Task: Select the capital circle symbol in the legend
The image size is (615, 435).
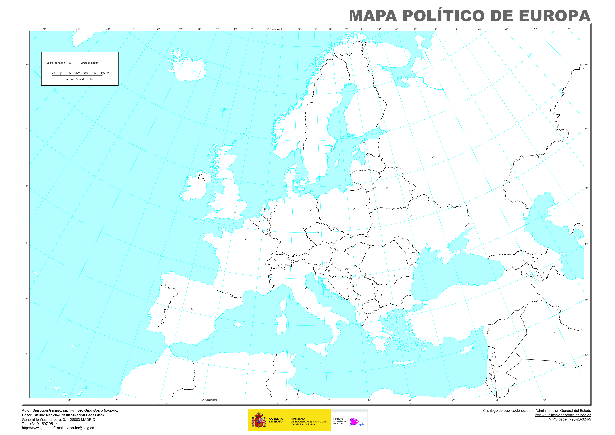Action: [70, 63]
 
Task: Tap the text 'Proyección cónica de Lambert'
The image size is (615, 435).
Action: [78, 79]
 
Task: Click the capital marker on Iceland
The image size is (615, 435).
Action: [173, 70]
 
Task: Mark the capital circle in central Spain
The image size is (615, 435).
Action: [192, 309]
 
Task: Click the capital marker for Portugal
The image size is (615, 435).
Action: [150, 313]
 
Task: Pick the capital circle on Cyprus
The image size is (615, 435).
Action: [469, 348]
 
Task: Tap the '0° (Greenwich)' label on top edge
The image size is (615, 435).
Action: [274, 29]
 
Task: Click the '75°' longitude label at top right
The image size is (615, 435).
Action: [569, 29]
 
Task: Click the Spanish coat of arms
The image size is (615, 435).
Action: [258, 420]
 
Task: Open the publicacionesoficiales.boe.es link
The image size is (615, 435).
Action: [563, 415]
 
